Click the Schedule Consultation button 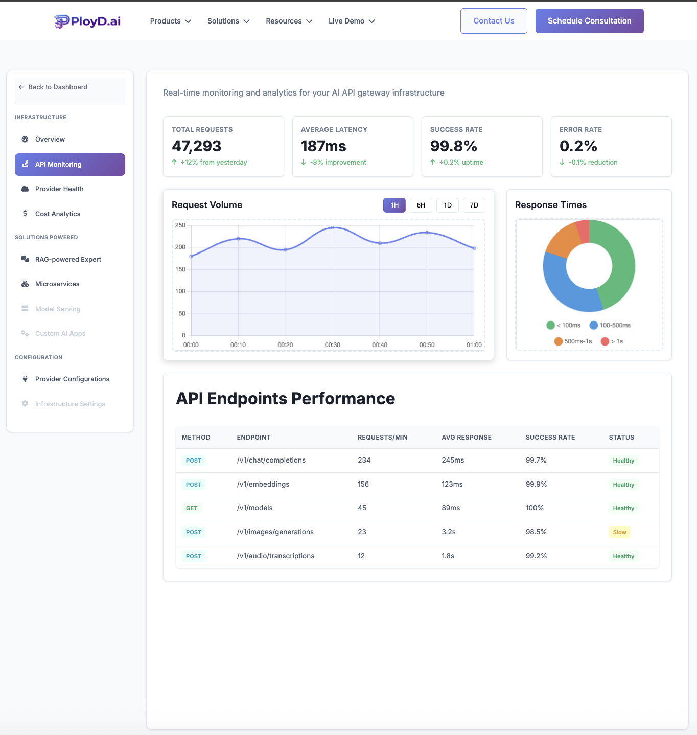tap(589, 21)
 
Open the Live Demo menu tap(352, 21)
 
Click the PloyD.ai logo tap(88, 21)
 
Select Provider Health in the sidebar tap(59, 189)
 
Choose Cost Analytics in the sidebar tap(58, 214)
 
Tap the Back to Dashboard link tap(57, 87)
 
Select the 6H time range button tap(421, 205)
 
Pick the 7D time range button tap(474, 205)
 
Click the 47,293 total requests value tap(197, 146)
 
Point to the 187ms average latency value tap(323, 146)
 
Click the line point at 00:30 tap(333, 227)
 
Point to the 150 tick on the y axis tap(180, 269)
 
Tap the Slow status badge tap(619, 532)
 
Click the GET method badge tap(192, 508)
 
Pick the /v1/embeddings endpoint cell tap(263, 484)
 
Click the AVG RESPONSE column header tap(467, 438)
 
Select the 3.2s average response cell tap(449, 532)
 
